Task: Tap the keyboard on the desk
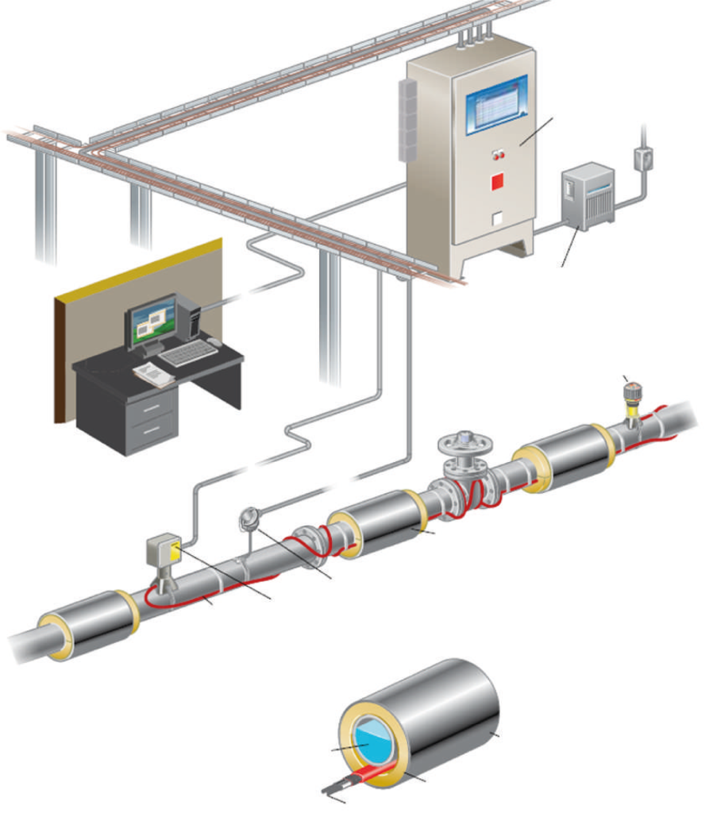click(187, 353)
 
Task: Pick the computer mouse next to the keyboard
click(214, 341)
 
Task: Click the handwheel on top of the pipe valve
click(464, 439)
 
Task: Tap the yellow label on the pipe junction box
click(175, 549)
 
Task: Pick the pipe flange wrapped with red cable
click(307, 542)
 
